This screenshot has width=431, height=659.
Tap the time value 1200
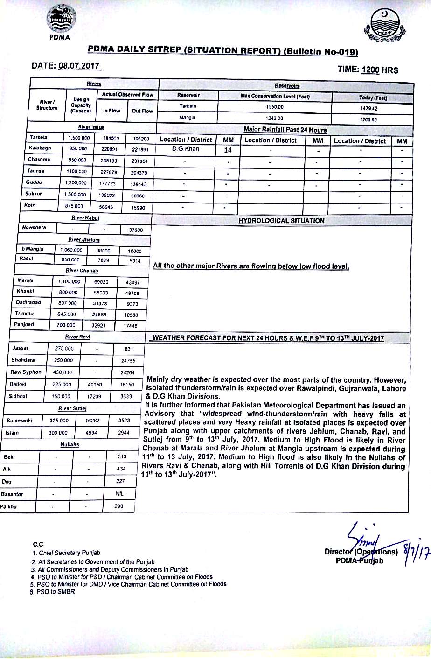click(x=370, y=70)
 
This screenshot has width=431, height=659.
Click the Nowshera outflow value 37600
click(x=135, y=230)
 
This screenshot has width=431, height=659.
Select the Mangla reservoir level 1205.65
click(x=372, y=119)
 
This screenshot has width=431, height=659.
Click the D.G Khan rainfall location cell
click(x=186, y=149)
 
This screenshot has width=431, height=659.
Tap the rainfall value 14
click(x=228, y=150)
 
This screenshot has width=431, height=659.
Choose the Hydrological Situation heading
click(x=281, y=221)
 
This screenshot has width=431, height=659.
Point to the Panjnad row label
click(x=24, y=324)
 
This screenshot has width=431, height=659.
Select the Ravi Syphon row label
click(x=26, y=372)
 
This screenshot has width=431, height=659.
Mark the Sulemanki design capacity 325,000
click(x=59, y=421)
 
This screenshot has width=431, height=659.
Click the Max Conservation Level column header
click(x=275, y=97)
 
